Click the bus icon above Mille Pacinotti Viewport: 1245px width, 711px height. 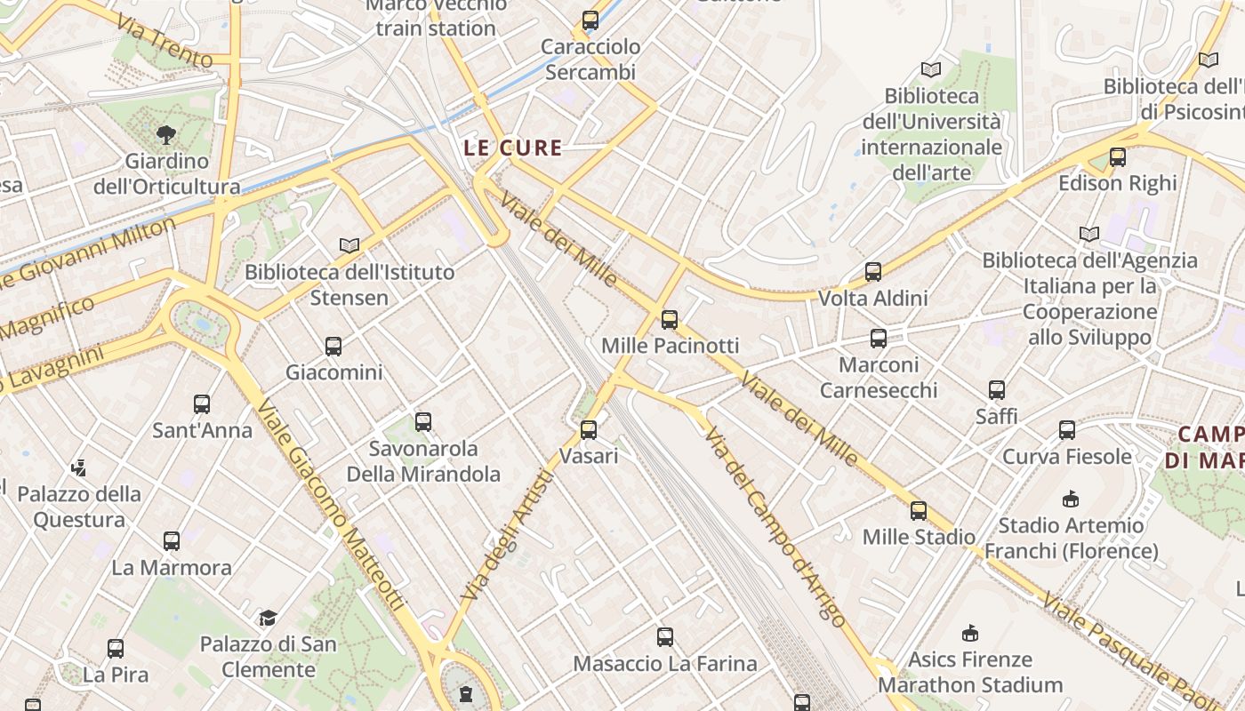pyautogui.click(x=670, y=319)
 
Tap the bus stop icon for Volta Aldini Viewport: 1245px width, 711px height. pyautogui.click(x=873, y=272)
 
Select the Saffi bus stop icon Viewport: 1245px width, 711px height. pyautogui.click(x=997, y=390)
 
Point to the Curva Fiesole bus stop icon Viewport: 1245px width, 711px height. pyautogui.click(x=1067, y=430)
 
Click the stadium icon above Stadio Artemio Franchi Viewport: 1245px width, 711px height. pyautogui.click(x=1071, y=499)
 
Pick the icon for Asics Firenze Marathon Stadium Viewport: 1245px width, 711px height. pyautogui.click(x=970, y=633)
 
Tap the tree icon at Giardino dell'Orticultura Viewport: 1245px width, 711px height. pyautogui.click(x=166, y=135)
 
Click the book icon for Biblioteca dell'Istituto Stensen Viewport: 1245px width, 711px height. pyautogui.click(x=349, y=245)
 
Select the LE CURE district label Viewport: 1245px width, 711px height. pyautogui.click(x=513, y=148)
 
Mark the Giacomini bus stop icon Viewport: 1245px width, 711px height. pyautogui.click(x=333, y=347)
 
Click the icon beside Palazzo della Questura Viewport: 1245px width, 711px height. pyautogui.click(x=79, y=467)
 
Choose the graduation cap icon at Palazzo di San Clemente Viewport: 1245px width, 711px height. pyautogui.click(x=268, y=618)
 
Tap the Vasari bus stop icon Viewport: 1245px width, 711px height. pyautogui.click(x=588, y=430)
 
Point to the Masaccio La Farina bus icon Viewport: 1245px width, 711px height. pyautogui.click(x=665, y=637)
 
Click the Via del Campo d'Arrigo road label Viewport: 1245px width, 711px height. pyautogui.click(x=774, y=526)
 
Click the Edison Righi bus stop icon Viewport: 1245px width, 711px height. pyautogui.click(x=1118, y=157)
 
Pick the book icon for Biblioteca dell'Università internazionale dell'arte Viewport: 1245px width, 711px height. pyautogui.click(x=931, y=69)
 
